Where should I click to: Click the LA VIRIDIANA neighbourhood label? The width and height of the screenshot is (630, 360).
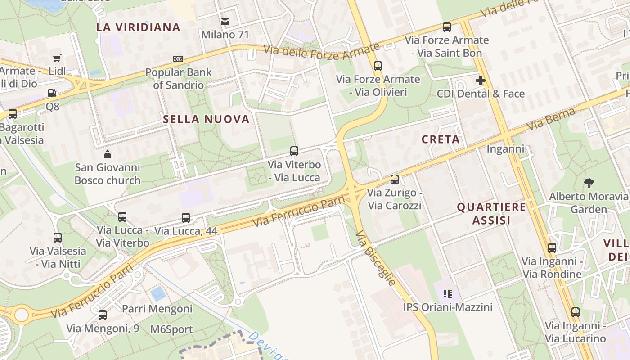tap(138, 27)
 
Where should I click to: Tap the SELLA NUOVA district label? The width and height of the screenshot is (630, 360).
tap(206, 119)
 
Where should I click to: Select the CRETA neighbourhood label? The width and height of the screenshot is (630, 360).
tap(441, 139)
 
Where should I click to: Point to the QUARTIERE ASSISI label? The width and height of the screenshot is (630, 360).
tap(491, 213)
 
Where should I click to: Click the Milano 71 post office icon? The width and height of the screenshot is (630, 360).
tap(225, 21)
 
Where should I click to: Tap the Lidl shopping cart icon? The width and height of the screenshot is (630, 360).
tap(57, 58)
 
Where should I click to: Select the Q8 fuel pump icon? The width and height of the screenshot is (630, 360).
tap(52, 93)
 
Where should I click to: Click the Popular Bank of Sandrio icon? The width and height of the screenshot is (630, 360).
tap(178, 59)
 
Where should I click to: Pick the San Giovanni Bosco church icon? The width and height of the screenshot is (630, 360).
tap(108, 155)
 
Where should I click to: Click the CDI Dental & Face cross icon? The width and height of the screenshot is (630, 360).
tap(481, 81)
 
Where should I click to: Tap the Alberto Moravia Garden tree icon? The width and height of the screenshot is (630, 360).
tap(589, 183)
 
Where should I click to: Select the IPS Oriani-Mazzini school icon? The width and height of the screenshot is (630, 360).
tap(447, 294)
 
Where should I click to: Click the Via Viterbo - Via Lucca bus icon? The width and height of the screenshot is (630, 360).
tap(294, 151)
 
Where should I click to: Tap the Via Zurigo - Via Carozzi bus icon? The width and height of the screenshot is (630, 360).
tap(395, 180)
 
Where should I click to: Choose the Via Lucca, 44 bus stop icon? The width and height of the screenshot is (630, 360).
tap(186, 218)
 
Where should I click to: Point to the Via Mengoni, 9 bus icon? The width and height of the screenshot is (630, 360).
tap(103, 315)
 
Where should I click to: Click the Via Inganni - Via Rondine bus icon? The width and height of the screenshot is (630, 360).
tap(552, 247)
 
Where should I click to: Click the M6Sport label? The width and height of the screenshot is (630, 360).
tap(171, 329)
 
